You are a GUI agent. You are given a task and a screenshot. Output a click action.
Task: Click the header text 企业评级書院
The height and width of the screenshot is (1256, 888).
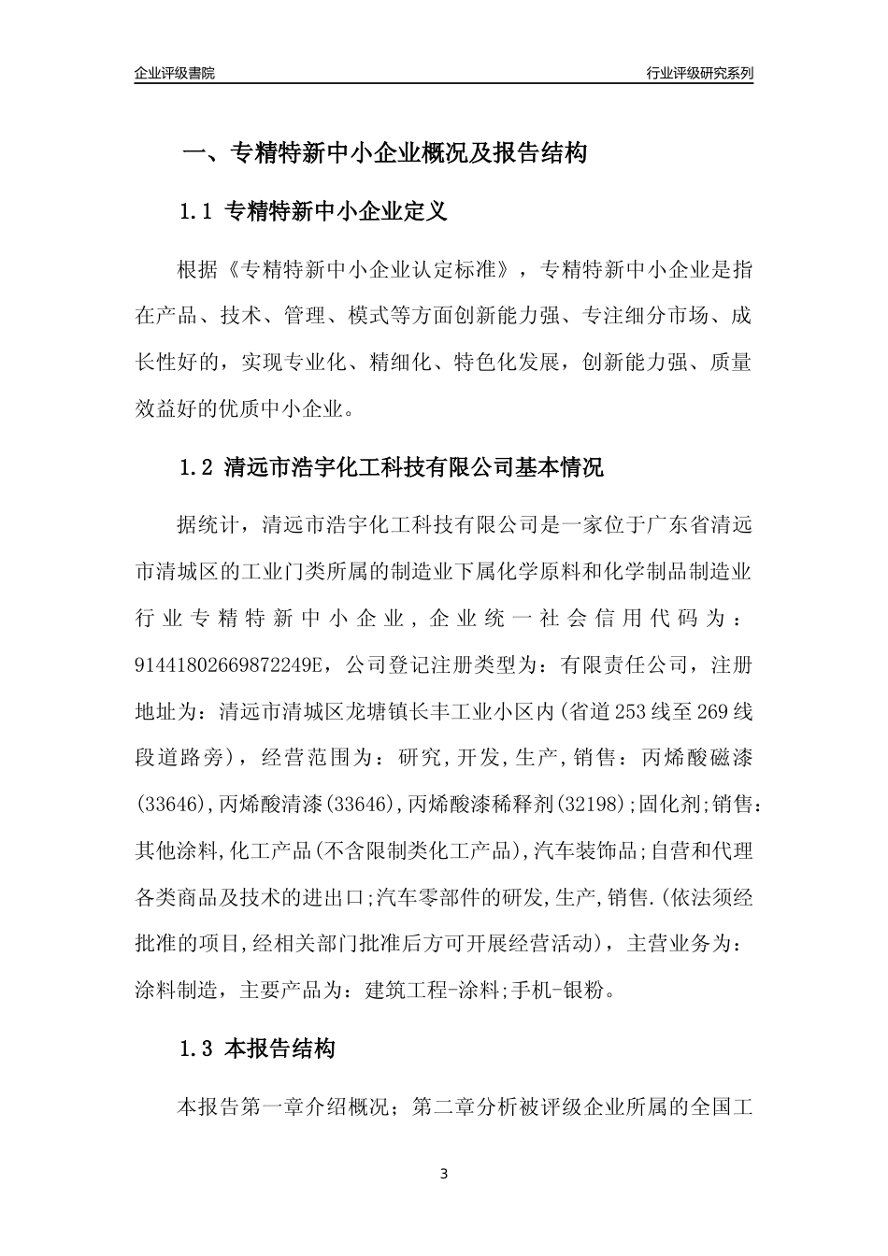[175, 73]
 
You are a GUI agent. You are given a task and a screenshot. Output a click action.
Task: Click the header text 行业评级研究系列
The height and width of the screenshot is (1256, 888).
[699, 73]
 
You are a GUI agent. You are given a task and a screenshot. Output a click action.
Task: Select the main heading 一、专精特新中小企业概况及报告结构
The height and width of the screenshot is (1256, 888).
[383, 153]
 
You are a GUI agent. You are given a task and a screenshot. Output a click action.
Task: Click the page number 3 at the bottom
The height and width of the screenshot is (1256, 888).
[444, 1174]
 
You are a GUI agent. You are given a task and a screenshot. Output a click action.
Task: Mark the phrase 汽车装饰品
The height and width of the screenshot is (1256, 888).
[586, 850]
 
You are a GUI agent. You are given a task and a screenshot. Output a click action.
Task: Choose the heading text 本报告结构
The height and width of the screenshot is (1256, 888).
[280, 1049]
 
